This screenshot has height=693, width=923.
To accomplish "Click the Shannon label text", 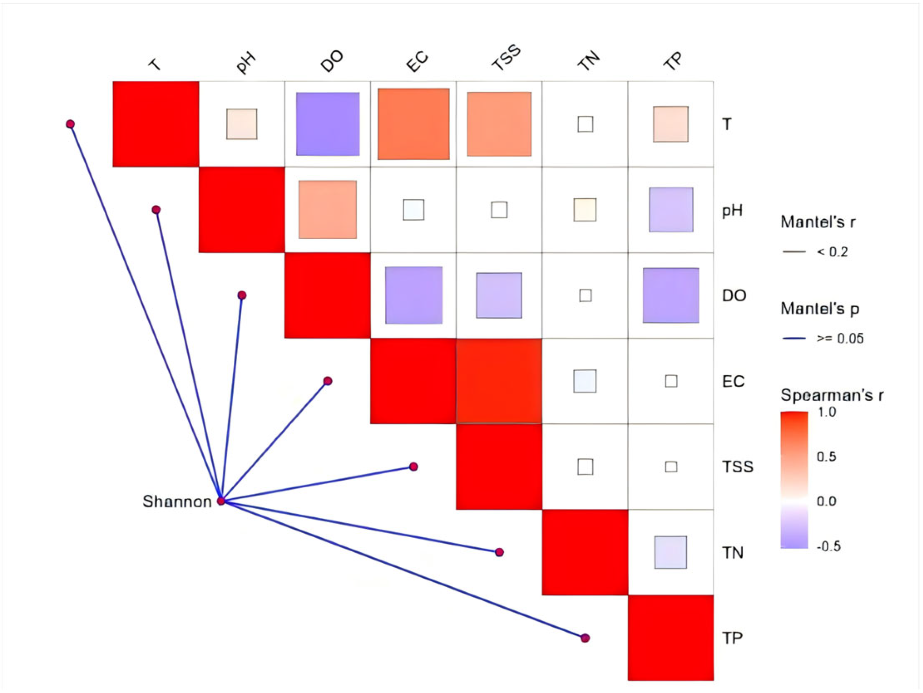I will [x=177, y=501].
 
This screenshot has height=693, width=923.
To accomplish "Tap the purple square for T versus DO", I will [x=327, y=124].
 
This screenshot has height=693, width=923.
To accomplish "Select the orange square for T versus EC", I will [x=413, y=124].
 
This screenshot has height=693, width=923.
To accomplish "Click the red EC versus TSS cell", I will [x=499, y=381].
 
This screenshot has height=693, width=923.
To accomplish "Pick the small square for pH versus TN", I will [x=585, y=210].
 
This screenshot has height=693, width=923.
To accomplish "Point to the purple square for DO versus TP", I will [x=671, y=295].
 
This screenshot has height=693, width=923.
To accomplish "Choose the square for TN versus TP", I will [x=670, y=552].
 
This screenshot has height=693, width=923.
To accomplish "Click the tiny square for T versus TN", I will [x=585, y=124].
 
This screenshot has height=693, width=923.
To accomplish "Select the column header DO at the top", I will [x=332, y=61].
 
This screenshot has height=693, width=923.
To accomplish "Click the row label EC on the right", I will [x=733, y=381].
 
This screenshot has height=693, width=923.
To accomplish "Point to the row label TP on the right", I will [x=732, y=638].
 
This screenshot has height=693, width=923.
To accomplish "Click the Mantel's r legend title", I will [x=818, y=222].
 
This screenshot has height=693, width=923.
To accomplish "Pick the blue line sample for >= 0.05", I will [x=794, y=339].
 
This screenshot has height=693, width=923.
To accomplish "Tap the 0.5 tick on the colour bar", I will [x=826, y=456].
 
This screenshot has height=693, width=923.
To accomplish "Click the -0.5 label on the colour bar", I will [x=828, y=546].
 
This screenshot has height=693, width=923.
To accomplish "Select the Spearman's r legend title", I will [x=832, y=395].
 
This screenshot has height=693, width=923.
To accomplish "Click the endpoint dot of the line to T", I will [x=70, y=124].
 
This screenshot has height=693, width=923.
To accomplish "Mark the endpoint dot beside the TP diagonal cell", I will [x=585, y=638].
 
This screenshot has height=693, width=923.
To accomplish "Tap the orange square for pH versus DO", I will [x=327, y=210].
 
